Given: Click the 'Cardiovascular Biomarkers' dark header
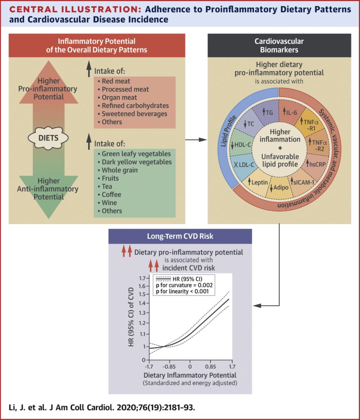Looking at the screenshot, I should (279, 45).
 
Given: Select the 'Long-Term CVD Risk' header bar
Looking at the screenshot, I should (180, 236).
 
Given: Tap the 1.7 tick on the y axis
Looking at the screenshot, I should (142, 278).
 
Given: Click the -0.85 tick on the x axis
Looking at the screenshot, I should (169, 363).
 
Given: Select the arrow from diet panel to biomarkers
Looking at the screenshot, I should (196, 140).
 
